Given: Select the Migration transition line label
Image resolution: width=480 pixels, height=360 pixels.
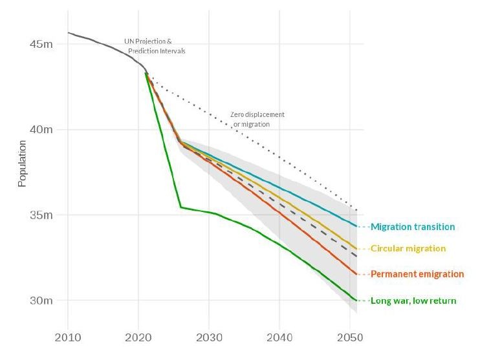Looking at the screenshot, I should pyautogui.click(x=413, y=227).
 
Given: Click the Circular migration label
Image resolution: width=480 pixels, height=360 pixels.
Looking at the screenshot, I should pyautogui.click(x=408, y=248).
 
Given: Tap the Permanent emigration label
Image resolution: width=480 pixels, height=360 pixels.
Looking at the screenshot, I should pyautogui.click(x=417, y=274).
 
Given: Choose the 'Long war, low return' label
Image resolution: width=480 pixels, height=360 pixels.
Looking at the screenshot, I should pyautogui.click(x=413, y=301).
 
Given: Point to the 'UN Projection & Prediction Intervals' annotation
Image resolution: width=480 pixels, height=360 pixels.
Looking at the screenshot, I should pyautogui.click(x=153, y=46).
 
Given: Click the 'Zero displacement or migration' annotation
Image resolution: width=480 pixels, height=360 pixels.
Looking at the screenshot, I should pyautogui.click(x=257, y=119).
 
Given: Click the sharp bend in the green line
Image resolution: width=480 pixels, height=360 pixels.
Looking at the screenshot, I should pyautogui.click(x=181, y=207).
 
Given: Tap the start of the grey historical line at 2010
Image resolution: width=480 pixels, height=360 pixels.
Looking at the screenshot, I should pyautogui.click(x=69, y=32).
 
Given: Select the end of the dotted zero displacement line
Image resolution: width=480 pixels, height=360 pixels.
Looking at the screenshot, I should pyautogui.click(x=357, y=211).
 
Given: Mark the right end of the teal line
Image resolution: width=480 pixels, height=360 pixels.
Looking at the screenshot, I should pyautogui.click(x=357, y=226).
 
